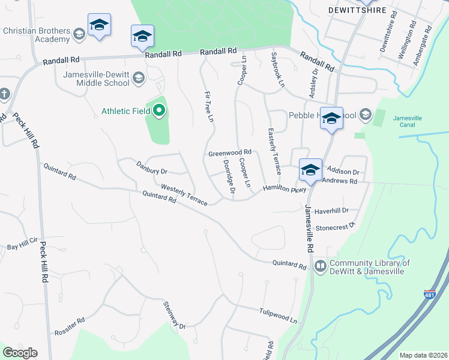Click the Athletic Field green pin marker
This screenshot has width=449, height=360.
[x=159, y=110]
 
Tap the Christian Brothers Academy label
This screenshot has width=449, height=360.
[x=36, y=35]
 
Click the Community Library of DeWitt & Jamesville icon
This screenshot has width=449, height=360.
[x=321, y=265]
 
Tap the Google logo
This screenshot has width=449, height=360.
[x=20, y=353]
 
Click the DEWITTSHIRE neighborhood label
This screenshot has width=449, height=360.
[x=355, y=10]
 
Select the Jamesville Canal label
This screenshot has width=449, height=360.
[x=408, y=121]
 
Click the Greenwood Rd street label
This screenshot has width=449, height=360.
[x=229, y=154]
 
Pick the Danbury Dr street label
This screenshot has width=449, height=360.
[x=151, y=167]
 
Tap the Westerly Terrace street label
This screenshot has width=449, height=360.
[x=184, y=194]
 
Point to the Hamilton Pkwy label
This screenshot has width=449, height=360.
[x=285, y=189]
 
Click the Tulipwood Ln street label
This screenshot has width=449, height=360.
[x=279, y=316]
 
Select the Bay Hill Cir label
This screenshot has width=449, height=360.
[x=22, y=247]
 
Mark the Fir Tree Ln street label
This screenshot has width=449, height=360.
[x=209, y=107]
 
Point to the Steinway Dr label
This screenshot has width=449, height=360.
[x=175, y=316]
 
